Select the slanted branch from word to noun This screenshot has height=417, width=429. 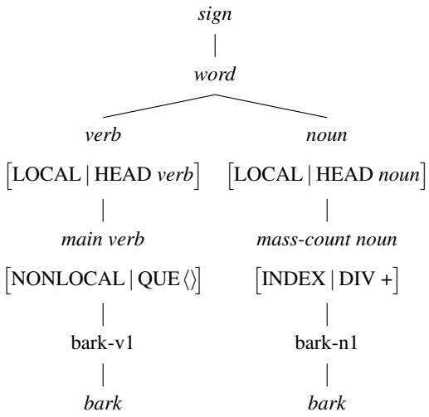270,106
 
